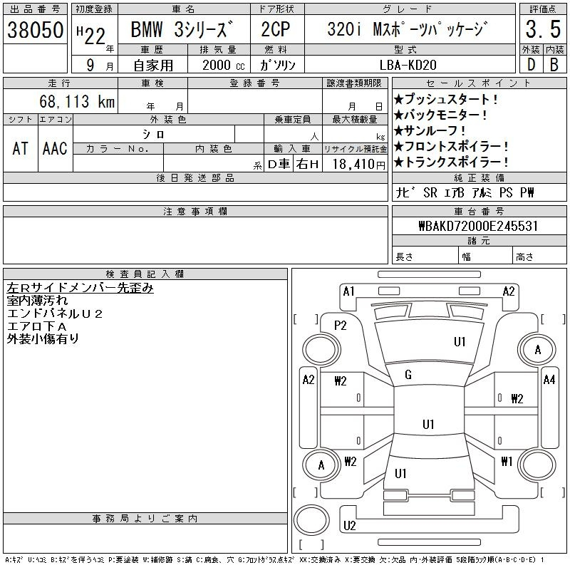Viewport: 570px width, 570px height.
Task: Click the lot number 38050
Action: point(35,30)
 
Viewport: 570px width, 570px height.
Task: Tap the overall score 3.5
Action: point(543,29)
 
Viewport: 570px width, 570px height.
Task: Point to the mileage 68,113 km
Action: point(77,101)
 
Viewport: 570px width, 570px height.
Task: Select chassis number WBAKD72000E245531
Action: point(478,226)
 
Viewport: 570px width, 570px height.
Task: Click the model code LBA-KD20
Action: point(408,65)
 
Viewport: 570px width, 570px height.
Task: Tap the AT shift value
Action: point(21,149)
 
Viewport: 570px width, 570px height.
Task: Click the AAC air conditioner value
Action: point(55,149)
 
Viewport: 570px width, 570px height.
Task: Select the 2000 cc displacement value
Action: point(223,65)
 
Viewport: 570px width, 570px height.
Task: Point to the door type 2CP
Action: point(276,29)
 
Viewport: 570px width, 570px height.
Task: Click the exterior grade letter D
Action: point(531,65)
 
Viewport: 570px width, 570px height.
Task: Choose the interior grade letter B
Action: point(554,65)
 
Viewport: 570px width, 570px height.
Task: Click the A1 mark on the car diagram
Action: point(348,291)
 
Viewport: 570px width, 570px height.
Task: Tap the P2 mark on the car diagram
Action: point(341,326)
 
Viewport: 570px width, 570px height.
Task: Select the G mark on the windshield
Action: point(408,375)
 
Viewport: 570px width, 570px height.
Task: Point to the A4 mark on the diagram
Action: point(549,380)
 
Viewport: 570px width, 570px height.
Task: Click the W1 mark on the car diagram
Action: point(507,462)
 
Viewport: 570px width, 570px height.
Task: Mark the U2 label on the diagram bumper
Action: point(349,526)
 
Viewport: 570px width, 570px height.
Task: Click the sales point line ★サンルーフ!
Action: point(430,130)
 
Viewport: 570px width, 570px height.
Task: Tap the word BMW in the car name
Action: point(147,29)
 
